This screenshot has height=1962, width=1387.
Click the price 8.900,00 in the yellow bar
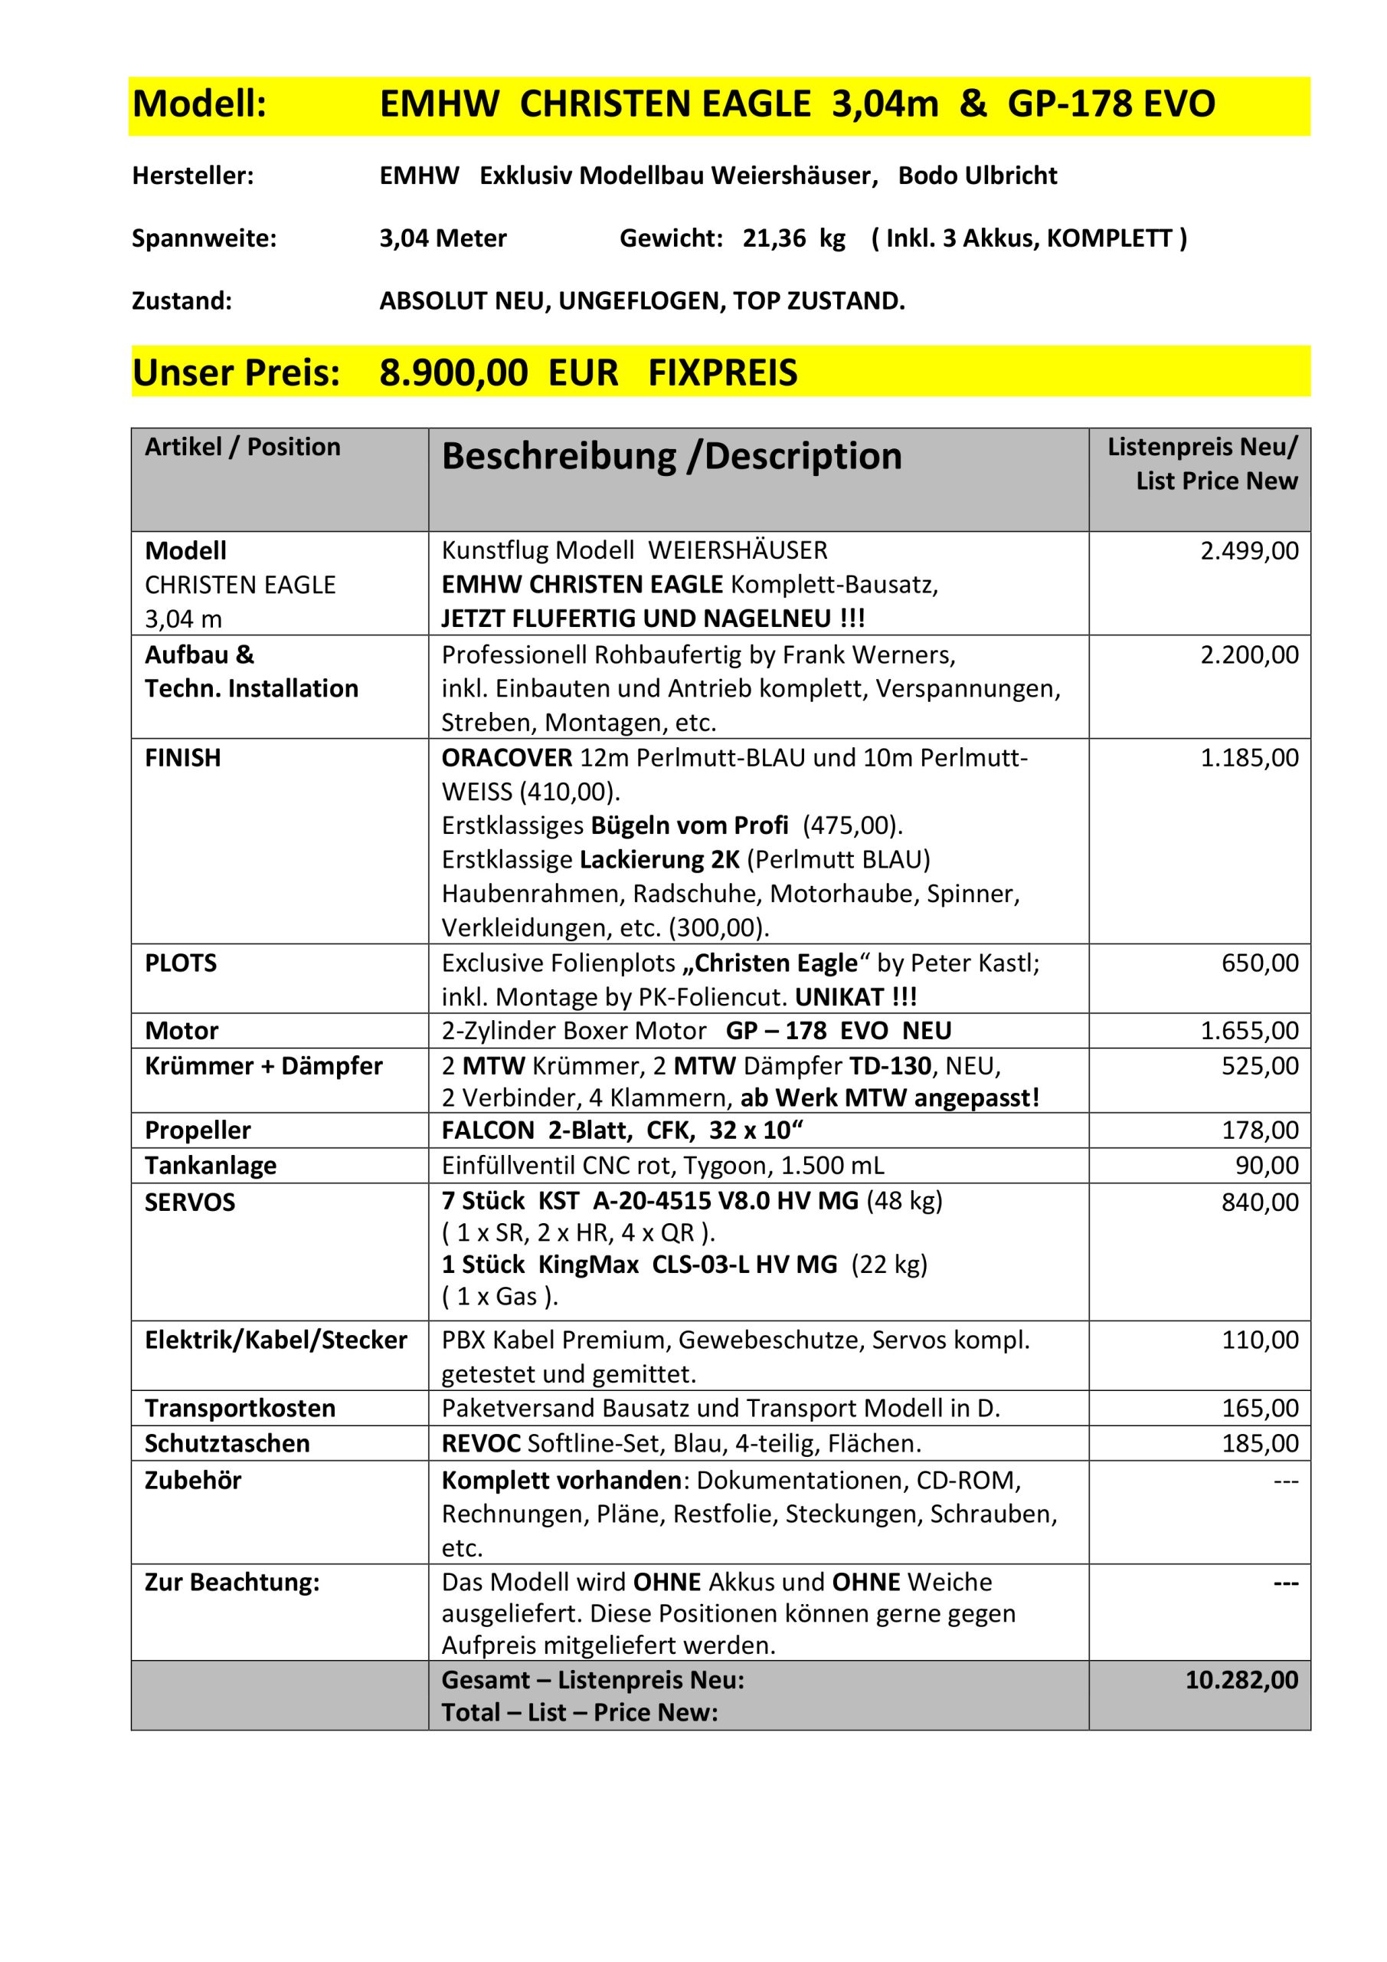453,373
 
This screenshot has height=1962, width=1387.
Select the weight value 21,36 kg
793,238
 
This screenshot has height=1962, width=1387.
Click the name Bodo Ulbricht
977,176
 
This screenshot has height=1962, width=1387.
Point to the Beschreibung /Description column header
672,456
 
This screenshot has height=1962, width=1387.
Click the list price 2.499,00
1249,551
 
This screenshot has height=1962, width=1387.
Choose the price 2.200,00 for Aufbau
1249,655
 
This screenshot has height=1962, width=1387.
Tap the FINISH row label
183,758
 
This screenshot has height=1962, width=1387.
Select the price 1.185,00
1249,758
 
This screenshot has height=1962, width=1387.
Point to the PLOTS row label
181,963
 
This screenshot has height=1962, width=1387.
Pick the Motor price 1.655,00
1249,1032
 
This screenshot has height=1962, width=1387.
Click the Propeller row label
198,1130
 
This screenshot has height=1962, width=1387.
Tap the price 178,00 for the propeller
1260,1130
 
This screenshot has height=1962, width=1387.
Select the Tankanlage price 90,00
1267,1166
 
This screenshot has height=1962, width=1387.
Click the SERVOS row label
190,1202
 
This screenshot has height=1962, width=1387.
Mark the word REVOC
481,1443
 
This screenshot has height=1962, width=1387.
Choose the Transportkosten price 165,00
1260,1408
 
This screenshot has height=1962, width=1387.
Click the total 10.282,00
1241,1680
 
